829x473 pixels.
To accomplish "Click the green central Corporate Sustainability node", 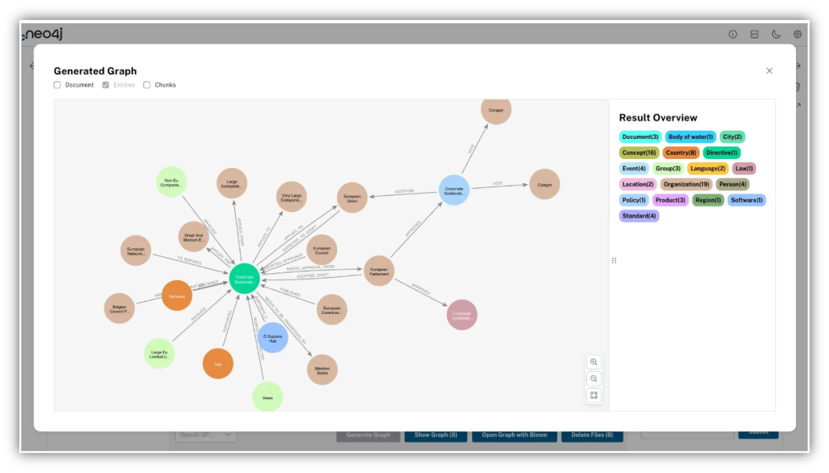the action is [x=244, y=278].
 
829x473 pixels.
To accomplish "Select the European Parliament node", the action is [x=379, y=271].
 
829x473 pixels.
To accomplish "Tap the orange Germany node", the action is [x=177, y=296].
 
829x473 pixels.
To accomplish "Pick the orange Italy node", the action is [x=218, y=364].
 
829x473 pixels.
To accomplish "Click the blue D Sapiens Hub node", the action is [x=272, y=337].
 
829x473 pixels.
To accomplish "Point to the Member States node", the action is [x=322, y=369].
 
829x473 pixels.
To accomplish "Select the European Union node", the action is [x=352, y=197].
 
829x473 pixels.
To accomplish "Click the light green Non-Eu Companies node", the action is [x=171, y=182].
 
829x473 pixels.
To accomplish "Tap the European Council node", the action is [x=322, y=250].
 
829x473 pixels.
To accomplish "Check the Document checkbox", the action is [x=58, y=85].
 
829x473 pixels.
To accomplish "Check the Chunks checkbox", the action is [x=147, y=85].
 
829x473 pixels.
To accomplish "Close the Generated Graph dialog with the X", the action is [x=769, y=71].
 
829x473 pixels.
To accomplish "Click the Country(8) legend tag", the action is [x=681, y=153].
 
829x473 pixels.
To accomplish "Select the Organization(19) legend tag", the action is [x=686, y=184].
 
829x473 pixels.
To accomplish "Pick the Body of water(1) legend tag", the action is [x=690, y=137].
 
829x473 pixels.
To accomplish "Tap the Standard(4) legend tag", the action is [x=639, y=216].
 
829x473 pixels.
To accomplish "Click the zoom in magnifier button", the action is [x=593, y=362].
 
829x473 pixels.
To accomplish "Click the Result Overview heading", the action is [x=658, y=117].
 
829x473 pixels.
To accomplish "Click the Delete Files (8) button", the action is [x=592, y=435].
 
